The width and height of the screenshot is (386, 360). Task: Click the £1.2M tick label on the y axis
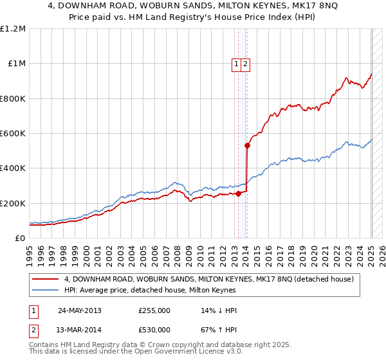click(x=13, y=28)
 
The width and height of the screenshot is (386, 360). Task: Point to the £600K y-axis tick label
click(x=13, y=133)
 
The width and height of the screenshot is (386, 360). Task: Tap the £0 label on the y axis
click(x=20, y=238)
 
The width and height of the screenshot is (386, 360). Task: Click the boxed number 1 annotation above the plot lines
click(x=237, y=64)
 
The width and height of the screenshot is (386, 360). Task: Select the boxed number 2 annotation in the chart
click(x=246, y=64)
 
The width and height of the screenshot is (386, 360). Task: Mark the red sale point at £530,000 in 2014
click(x=247, y=145)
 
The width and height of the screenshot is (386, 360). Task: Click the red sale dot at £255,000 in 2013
click(x=239, y=193)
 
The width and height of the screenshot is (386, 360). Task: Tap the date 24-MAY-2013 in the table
click(x=80, y=310)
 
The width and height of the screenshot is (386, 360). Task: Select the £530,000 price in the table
click(x=154, y=329)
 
